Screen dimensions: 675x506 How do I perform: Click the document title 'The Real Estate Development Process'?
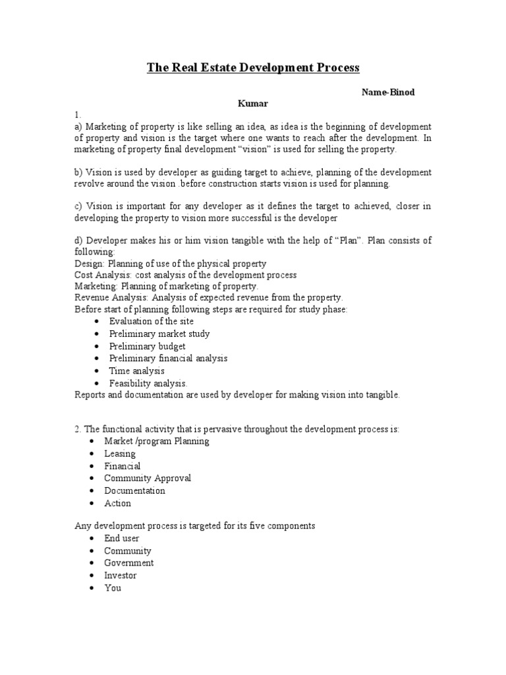[x=252, y=68]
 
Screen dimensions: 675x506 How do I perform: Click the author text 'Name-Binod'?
[x=388, y=92]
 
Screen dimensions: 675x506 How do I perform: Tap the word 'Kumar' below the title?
[x=253, y=103]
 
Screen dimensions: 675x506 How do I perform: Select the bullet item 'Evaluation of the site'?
[x=152, y=321]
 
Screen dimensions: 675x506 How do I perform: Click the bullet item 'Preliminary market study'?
[x=159, y=334]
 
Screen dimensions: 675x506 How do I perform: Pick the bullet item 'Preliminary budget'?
[x=147, y=346]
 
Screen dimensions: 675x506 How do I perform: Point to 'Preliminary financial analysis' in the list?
[x=168, y=358]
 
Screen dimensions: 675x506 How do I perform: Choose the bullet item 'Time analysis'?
[x=136, y=370]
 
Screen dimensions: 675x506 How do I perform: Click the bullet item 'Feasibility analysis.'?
[x=148, y=383]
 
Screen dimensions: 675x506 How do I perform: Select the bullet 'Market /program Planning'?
[x=156, y=441]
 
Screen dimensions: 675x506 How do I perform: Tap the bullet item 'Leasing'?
[x=120, y=454]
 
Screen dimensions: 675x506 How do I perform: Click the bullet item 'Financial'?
[x=122, y=466]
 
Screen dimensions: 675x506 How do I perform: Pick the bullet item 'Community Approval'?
[x=148, y=478]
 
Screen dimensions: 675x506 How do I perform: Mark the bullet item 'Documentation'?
[x=134, y=490]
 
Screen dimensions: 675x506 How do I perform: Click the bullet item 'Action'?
[x=117, y=503]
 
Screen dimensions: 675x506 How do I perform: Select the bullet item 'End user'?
[x=122, y=539]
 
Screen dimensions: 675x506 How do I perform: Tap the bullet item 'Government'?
[x=128, y=563]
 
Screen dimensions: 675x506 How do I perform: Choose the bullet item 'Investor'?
[x=121, y=575]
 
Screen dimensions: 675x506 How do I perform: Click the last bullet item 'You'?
[x=113, y=587]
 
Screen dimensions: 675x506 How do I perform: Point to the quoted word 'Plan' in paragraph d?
[x=351, y=241]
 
